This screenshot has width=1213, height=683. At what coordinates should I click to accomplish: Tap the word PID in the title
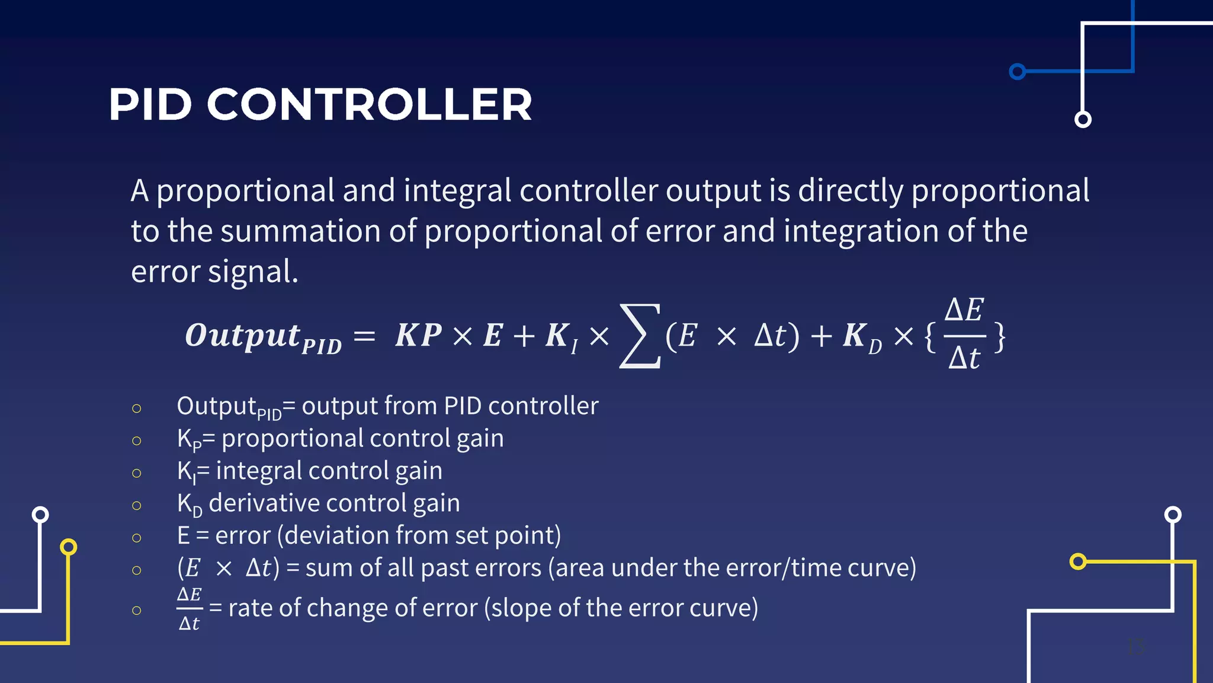pyautogui.click(x=150, y=105)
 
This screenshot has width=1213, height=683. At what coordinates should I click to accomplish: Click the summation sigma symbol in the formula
pyautogui.click(x=639, y=336)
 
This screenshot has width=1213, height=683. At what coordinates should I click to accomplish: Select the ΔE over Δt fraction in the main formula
pyautogui.click(x=964, y=334)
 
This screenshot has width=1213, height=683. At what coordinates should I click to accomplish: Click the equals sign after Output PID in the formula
pyautogui.click(x=364, y=337)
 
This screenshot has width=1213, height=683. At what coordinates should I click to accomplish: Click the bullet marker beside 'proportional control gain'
pyautogui.click(x=137, y=441)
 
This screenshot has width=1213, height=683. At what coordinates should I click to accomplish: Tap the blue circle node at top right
pyautogui.click(x=1018, y=72)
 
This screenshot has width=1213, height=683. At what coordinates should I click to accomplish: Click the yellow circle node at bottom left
pyautogui.click(x=69, y=547)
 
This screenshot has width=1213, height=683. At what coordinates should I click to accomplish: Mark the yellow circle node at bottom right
pyautogui.click(x=1078, y=561)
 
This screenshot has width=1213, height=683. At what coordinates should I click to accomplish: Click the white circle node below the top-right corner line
pyautogui.click(x=1083, y=119)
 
